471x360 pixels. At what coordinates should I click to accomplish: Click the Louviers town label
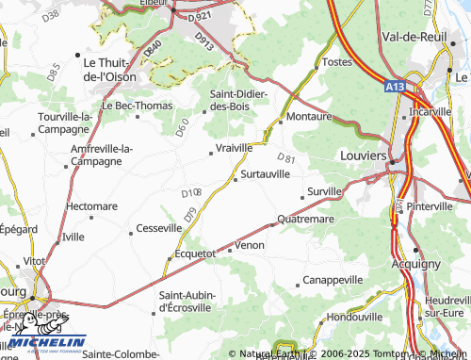click(363, 154)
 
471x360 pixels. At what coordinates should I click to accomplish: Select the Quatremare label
click(308, 220)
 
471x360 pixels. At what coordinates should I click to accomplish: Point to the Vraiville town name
click(235, 148)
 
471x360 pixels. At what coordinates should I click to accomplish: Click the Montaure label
click(310, 117)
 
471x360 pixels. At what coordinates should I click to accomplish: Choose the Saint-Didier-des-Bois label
click(239, 100)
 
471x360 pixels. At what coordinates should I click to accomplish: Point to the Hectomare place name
click(91, 205)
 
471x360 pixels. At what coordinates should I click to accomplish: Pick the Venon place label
click(250, 245)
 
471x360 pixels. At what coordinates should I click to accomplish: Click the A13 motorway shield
click(396, 86)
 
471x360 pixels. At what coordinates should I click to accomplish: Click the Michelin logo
click(43, 343)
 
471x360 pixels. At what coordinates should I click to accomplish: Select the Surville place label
click(325, 191)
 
